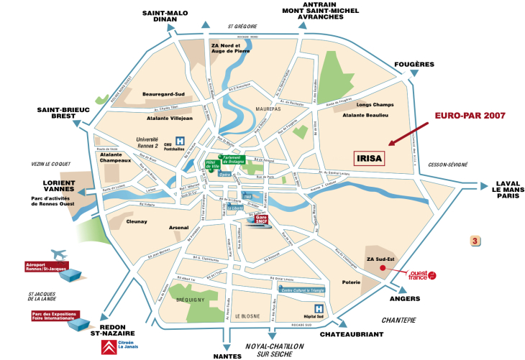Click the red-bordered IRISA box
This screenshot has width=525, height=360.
(x=370, y=158)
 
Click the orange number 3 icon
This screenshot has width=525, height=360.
(x=475, y=240)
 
